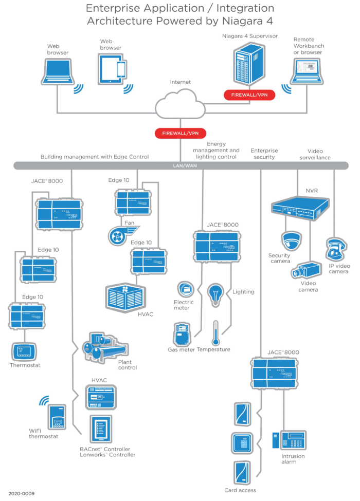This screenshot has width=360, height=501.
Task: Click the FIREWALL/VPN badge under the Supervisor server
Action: pyautogui.click(x=249, y=95)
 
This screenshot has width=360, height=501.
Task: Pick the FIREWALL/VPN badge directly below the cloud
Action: pyautogui.click(x=180, y=133)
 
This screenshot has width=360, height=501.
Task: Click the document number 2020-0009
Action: pyautogui.click(x=21, y=493)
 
